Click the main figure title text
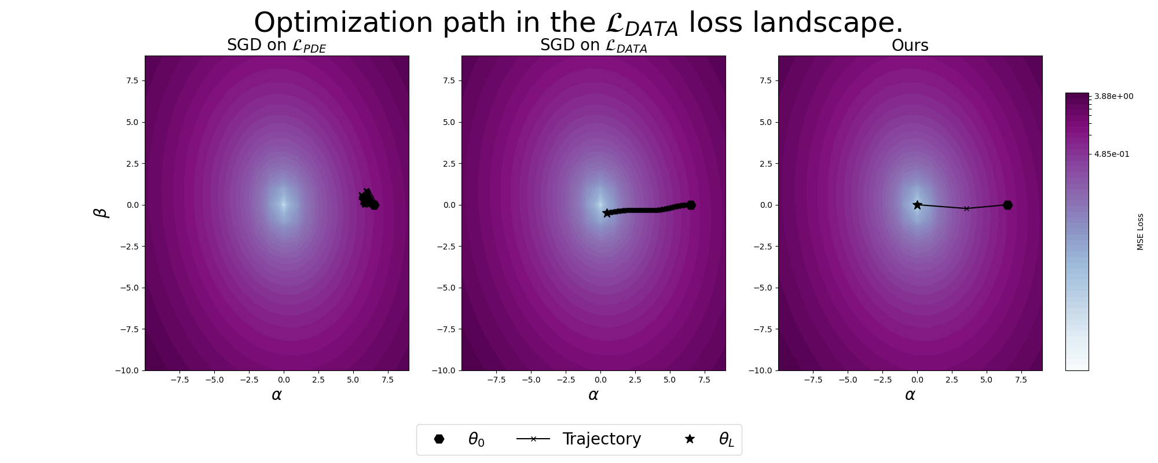click(578, 23)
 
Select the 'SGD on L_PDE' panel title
click(276, 46)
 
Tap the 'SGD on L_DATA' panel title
click(593, 46)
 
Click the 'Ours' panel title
click(910, 46)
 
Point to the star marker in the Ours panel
click(917, 205)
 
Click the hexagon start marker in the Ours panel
click(1007, 205)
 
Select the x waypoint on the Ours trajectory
click(966, 208)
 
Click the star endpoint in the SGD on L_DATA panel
click(607, 213)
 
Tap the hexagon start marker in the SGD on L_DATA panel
click(691, 205)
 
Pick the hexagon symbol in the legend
click(439, 439)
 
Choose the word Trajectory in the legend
click(602, 439)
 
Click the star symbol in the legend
click(690, 439)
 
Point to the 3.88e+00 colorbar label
click(1113, 96)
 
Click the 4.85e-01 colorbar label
click(1112, 154)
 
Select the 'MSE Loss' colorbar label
click(1140, 231)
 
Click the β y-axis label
click(101, 212)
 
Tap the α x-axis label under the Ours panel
click(910, 395)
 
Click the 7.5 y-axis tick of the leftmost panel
click(133, 80)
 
